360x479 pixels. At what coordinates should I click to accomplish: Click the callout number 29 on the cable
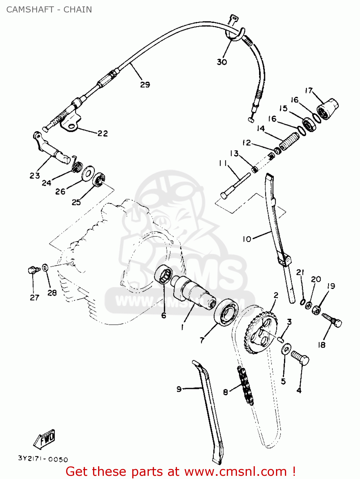click(145, 85)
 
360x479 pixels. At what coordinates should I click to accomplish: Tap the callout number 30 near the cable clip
click(222, 62)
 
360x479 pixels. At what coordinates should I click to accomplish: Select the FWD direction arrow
click(45, 438)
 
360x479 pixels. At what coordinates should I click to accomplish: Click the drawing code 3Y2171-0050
click(43, 459)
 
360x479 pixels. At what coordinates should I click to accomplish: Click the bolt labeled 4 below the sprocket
click(300, 359)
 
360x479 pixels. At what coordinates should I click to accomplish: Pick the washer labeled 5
click(286, 349)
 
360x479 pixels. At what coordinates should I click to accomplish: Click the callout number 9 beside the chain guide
click(179, 389)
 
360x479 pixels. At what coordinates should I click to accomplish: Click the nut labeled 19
click(316, 309)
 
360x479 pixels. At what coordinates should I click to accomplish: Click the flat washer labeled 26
click(87, 173)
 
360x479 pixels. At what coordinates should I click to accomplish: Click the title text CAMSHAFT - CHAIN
click(49, 10)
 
